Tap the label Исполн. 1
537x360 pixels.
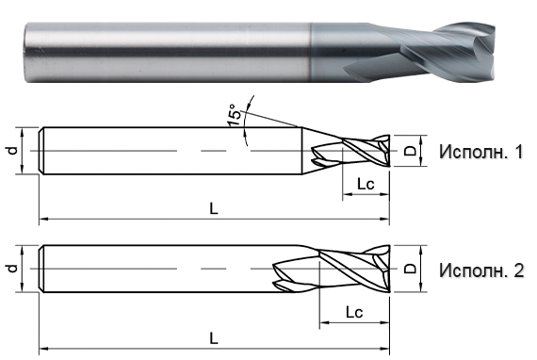[480, 151]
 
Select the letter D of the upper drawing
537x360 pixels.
[409, 151]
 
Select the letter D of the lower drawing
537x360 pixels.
[409, 270]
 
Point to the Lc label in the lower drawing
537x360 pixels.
[355, 310]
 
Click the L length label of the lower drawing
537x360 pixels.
[214, 336]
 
